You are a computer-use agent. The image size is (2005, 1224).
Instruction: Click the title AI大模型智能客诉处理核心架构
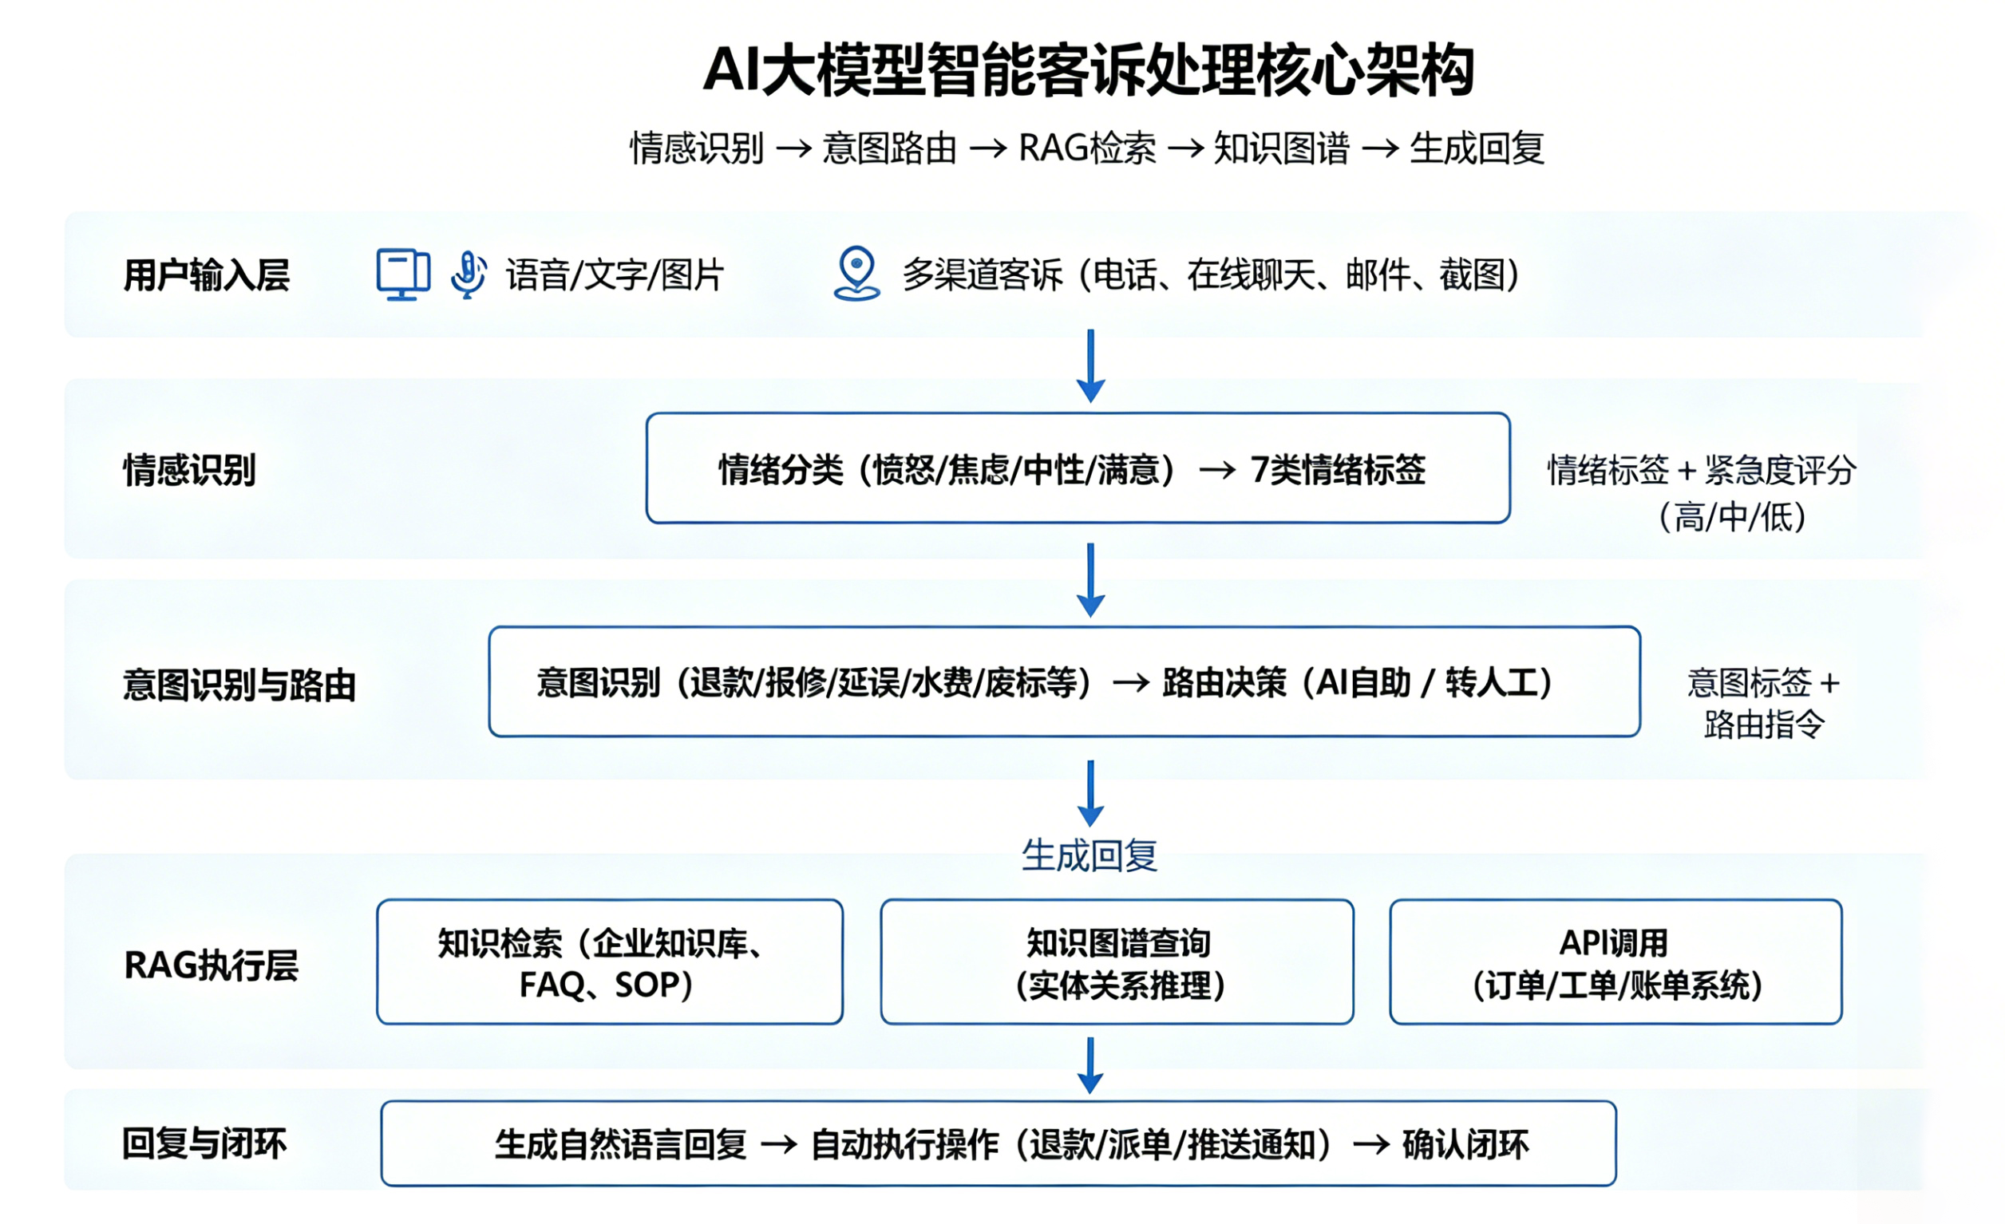1088,71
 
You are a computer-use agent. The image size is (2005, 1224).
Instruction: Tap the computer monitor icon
403,274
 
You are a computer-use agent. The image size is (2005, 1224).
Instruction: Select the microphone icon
469,274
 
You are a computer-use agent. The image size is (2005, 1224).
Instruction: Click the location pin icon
857,273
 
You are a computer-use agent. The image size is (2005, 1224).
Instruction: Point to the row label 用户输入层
207,275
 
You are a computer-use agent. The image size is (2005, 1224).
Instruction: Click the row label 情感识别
190,470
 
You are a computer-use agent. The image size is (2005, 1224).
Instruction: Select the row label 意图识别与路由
239,685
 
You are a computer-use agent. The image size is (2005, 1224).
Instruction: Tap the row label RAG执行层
212,965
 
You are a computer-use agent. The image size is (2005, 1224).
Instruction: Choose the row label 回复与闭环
204,1143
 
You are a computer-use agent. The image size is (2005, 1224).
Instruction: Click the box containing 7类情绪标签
1078,468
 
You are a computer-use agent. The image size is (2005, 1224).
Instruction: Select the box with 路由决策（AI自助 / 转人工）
1064,681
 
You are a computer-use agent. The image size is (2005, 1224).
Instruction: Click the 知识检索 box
610,961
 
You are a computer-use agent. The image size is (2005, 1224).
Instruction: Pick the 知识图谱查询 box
1117,961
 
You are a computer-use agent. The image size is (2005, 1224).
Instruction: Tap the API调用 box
1616,961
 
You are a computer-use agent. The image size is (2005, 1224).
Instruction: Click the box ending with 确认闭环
999,1143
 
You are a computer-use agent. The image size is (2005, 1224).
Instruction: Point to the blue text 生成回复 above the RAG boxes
1090,855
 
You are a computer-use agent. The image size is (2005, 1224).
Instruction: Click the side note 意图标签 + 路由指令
1763,703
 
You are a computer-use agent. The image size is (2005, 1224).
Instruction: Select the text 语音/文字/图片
615,275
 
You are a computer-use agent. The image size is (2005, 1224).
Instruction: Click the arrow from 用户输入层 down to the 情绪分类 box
1090,366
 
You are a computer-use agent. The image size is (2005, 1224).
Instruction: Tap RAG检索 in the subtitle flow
1087,149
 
